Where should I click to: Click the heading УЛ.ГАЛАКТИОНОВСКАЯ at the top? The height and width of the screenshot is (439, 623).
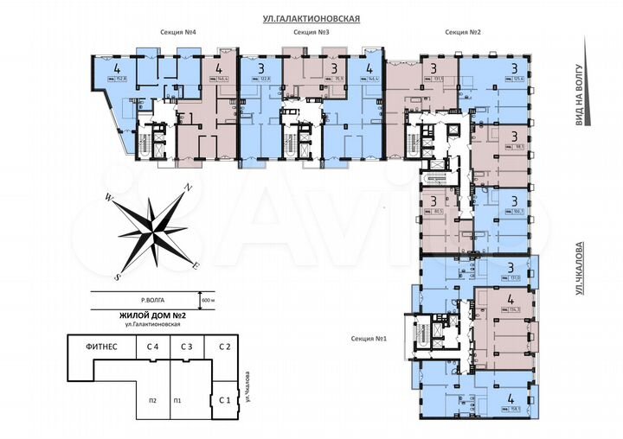tap(311, 17)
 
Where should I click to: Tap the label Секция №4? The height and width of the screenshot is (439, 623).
tap(179, 32)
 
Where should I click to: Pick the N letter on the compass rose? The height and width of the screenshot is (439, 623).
tap(188, 186)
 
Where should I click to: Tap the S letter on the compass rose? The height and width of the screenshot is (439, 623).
tap(118, 277)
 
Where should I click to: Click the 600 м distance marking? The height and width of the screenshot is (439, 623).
tap(209, 299)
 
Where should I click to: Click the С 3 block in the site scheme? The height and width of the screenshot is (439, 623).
tap(187, 347)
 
